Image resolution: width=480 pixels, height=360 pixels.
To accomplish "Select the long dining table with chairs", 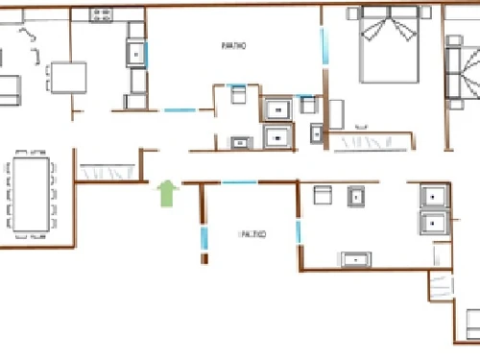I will (x=31, y=194).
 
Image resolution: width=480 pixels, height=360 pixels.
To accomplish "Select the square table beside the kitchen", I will (x=69, y=77).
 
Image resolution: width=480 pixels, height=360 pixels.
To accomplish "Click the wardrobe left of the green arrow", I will (x=108, y=174).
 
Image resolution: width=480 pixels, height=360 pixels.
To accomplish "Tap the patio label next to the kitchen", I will (x=231, y=45).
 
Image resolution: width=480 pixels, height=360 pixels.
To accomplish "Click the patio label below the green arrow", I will (x=252, y=233).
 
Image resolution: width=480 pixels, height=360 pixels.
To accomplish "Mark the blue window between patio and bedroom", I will (x=324, y=43).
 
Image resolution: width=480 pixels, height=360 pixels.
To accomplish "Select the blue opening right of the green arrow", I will (x=239, y=181).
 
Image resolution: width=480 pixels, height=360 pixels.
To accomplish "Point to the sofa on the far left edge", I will (x=9, y=87).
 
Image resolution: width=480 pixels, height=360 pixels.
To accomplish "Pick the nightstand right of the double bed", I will (x=425, y=13).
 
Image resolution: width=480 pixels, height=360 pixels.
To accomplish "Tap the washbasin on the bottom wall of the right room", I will (x=356, y=258).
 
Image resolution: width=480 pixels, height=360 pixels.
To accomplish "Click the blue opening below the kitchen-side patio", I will (x=180, y=110).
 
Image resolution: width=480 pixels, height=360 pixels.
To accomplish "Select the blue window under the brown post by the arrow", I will (x=204, y=239).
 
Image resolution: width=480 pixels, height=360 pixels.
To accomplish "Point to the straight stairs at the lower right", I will (x=440, y=285).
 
